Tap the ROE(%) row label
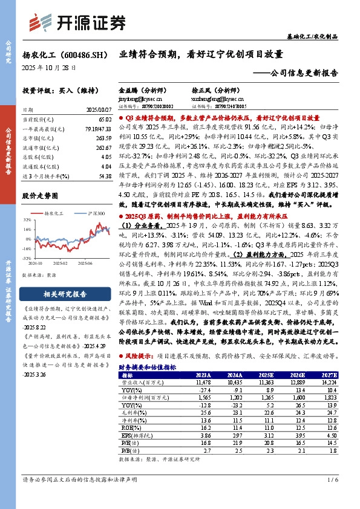click(131, 427)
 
